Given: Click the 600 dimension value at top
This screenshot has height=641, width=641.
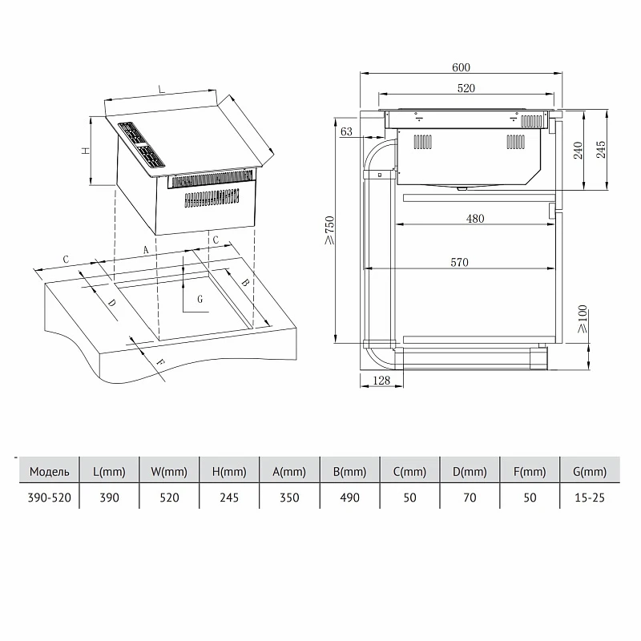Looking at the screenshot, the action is click(461, 67).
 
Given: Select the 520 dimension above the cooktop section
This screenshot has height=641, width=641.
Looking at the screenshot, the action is click(466, 88).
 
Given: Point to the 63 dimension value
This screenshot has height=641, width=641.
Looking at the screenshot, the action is click(346, 131).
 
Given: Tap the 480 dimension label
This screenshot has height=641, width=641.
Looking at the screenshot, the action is click(475, 219).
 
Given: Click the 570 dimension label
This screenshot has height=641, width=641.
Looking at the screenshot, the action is click(459, 262).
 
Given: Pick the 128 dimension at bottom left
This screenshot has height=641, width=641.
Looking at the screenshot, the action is click(381, 381).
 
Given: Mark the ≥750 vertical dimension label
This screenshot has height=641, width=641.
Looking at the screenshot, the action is click(329, 230).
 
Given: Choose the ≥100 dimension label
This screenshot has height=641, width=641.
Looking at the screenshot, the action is click(583, 318).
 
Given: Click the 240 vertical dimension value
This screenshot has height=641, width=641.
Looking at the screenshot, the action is click(578, 151).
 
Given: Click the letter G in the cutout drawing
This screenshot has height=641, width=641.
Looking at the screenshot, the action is click(200, 299).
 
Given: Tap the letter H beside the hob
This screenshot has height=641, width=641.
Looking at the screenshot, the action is click(86, 151).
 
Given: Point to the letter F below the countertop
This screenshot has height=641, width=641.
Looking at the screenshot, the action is click(161, 362).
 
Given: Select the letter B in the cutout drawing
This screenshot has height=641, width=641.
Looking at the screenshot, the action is click(245, 282).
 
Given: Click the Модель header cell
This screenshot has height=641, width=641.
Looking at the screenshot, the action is click(49, 472).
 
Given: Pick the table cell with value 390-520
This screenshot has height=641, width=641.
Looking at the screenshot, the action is click(49, 498).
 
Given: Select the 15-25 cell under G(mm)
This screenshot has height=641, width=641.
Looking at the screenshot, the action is click(590, 498).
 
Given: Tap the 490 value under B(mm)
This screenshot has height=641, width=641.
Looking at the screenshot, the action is click(349, 498).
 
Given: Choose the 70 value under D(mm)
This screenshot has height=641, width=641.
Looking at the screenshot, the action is click(470, 498).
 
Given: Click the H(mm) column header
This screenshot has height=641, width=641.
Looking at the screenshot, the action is click(229, 472).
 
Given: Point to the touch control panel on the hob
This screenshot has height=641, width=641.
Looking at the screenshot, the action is click(142, 145).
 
